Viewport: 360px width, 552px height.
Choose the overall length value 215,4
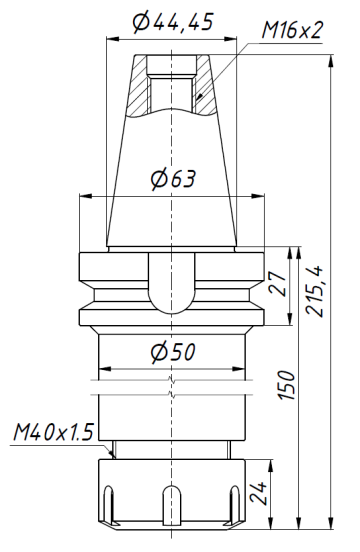315,290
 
